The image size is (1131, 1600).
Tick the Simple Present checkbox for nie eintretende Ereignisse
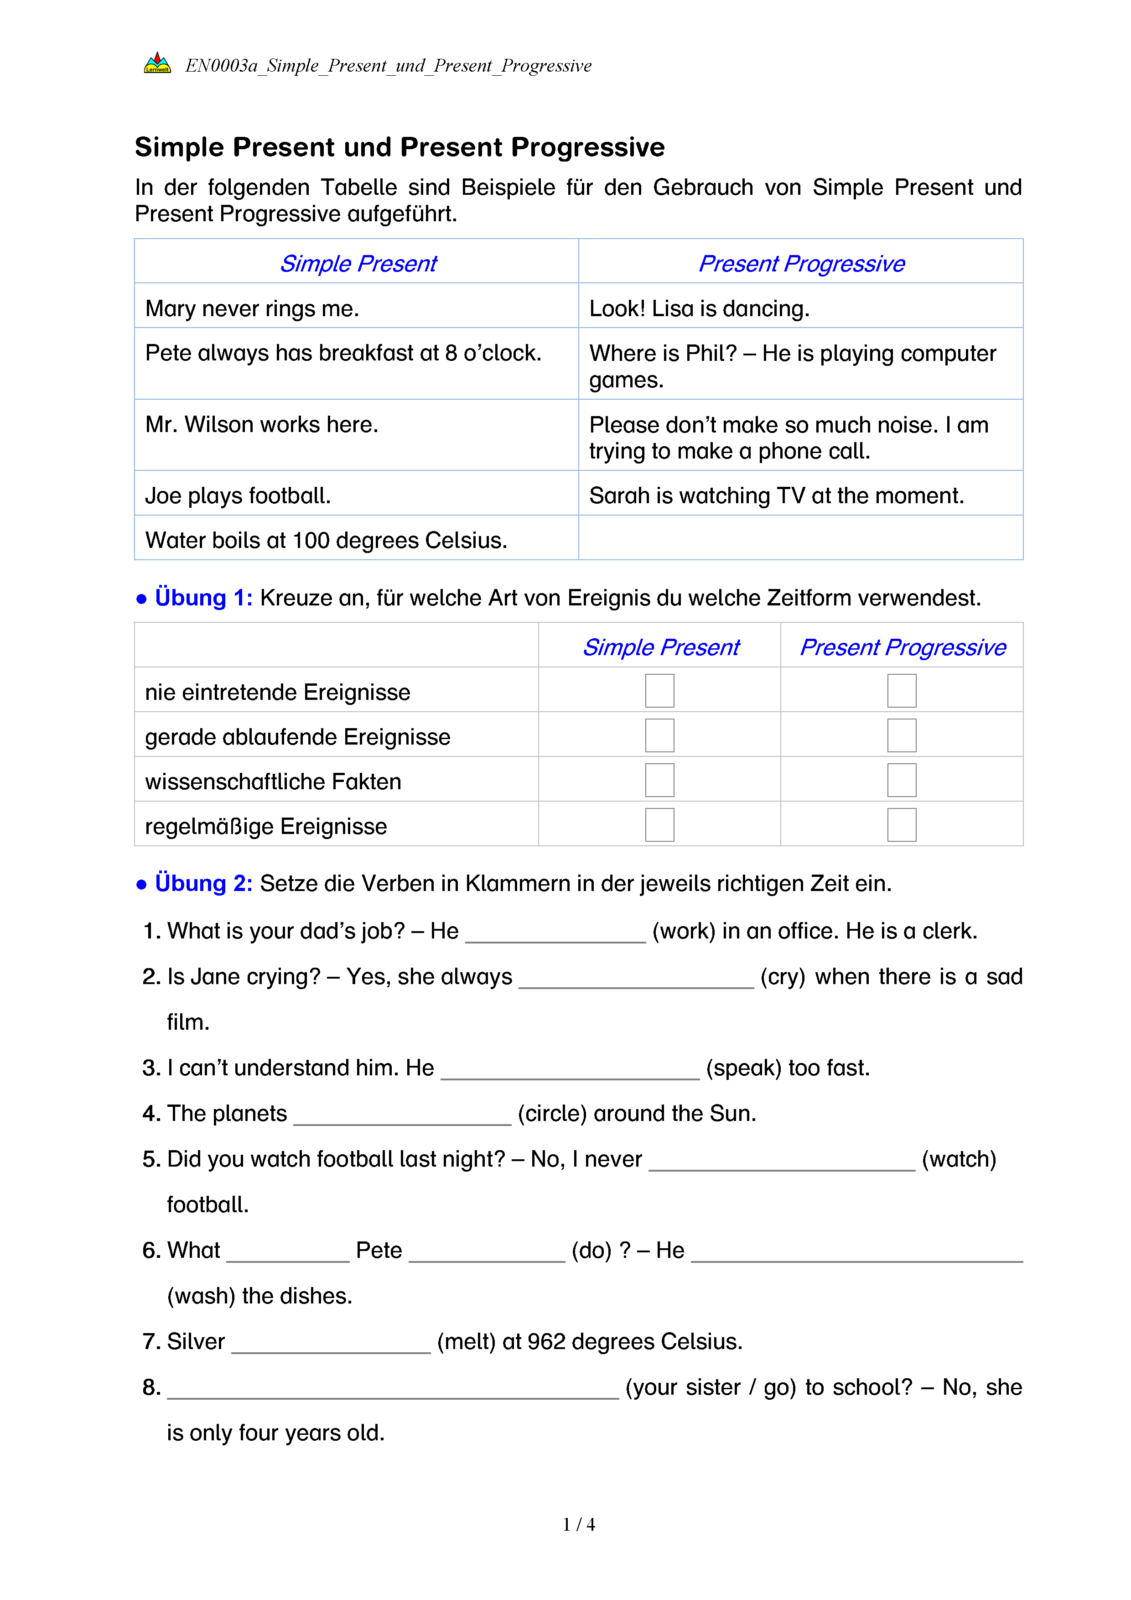(659, 691)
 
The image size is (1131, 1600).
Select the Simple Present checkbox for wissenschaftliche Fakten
(659, 780)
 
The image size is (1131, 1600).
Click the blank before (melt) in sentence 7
(331, 1344)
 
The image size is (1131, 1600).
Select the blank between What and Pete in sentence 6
(288, 1252)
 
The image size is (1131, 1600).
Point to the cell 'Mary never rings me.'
(252, 308)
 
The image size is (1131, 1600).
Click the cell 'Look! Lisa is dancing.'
(699, 308)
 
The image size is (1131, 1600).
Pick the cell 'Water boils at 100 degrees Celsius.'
(326, 540)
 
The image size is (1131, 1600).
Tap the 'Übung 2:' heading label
(203, 883)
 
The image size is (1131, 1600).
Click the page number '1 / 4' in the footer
(579, 1524)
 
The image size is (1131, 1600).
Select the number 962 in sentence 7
(546, 1341)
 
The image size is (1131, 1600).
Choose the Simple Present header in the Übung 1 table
(660, 647)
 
